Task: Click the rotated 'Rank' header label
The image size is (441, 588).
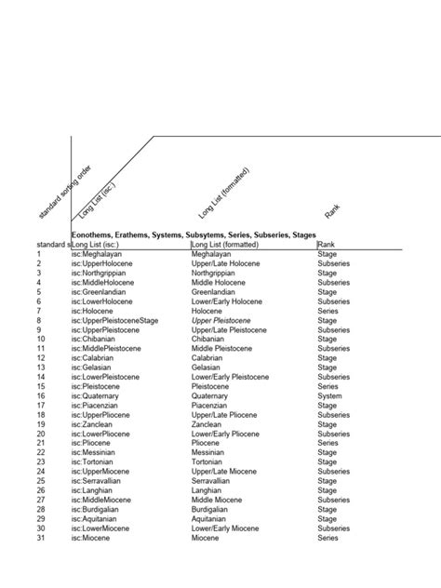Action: pos(331,211)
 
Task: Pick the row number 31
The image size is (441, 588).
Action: pos(40,538)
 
